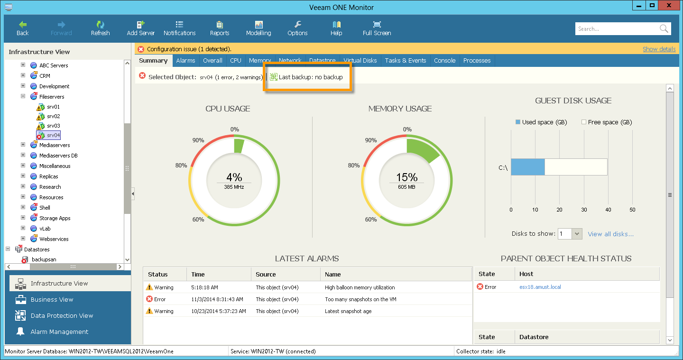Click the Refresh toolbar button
[x=100, y=28]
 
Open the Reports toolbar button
[x=219, y=28]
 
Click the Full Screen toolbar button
[x=377, y=28]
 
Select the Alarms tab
[x=185, y=61]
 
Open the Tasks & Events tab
[x=405, y=61]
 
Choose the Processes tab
[x=477, y=61]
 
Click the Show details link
[x=659, y=49]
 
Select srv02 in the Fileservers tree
[x=53, y=116]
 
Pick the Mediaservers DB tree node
[x=58, y=156]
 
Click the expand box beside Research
[x=23, y=186]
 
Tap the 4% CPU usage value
[x=234, y=177]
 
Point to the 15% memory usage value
[x=406, y=177]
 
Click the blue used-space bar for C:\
[x=527, y=167]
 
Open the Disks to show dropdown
[x=577, y=234]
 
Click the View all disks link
[x=610, y=234]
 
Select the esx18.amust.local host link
[x=540, y=287]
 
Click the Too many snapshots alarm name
[x=360, y=299]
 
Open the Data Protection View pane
[x=62, y=315]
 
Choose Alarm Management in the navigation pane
[x=59, y=332]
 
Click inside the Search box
[x=617, y=29]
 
